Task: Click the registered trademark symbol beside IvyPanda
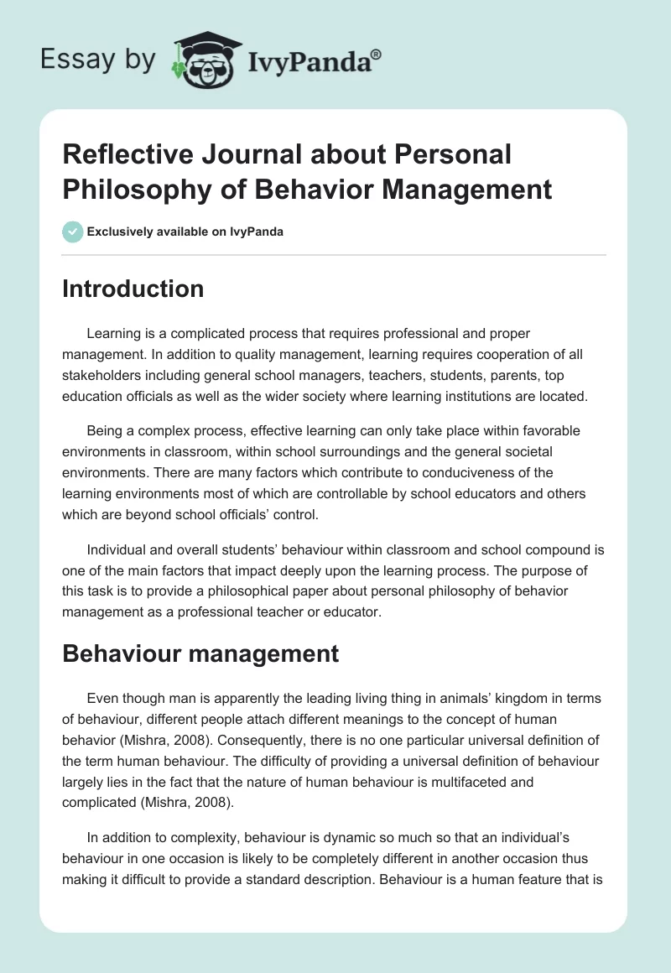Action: click(x=377, y=55)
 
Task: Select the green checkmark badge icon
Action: click(x=73, y=232)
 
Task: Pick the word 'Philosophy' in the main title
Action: click(x=133, y=189)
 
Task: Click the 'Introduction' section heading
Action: click(x=133, y=289)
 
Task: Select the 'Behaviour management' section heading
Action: click(x=200, y=653)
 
